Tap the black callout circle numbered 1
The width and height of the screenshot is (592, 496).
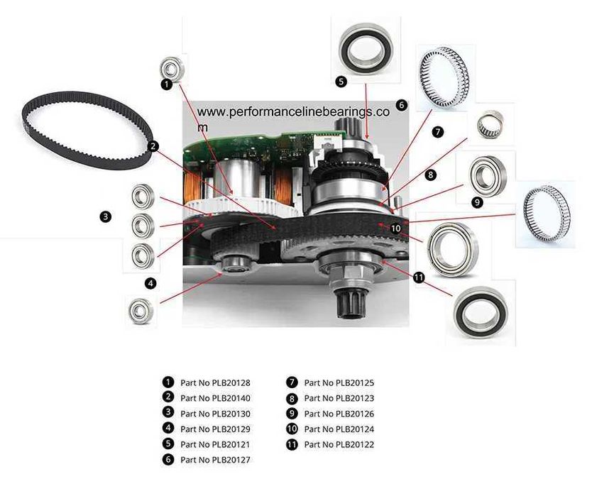(167, 84)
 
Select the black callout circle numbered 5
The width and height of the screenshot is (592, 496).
(341, 81)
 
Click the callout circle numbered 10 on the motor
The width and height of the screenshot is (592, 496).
(395, 228)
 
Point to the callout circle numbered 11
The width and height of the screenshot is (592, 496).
(419, 278)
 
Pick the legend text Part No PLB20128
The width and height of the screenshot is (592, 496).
(215, 382)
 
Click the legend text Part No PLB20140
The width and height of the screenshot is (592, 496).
(215, 398)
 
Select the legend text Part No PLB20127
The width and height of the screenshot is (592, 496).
(215, 460)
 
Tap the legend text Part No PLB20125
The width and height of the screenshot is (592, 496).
(339, 382)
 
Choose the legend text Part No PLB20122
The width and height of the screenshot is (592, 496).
(339, 444)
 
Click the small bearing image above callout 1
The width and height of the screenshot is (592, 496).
(172, 68)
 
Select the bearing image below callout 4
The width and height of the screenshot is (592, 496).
(141, 311)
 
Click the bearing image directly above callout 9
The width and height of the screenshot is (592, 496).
(488, 176)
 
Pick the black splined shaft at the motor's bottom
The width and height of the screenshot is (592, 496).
(350, 303)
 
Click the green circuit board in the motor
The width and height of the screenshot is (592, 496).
(264, 148)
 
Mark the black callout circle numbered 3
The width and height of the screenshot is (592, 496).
(106, 216)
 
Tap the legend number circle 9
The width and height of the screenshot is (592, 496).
(292, 413)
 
